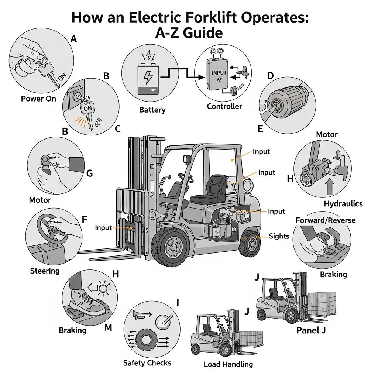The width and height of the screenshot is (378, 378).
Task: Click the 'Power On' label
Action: pos(38,99)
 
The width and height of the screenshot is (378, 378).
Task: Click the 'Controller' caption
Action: pos(224,106)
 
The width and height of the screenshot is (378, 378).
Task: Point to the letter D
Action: pos(270,76)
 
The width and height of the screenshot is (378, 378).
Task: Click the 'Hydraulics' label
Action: pos(343,203)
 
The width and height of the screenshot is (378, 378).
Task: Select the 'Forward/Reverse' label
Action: pos(326,220)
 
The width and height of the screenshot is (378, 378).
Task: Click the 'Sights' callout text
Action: pos(279,236)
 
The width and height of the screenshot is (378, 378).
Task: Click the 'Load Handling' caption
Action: pos(228,364)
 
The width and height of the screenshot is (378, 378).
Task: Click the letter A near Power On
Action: pos(73,39)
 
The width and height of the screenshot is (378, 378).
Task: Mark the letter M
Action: pos(108,327)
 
